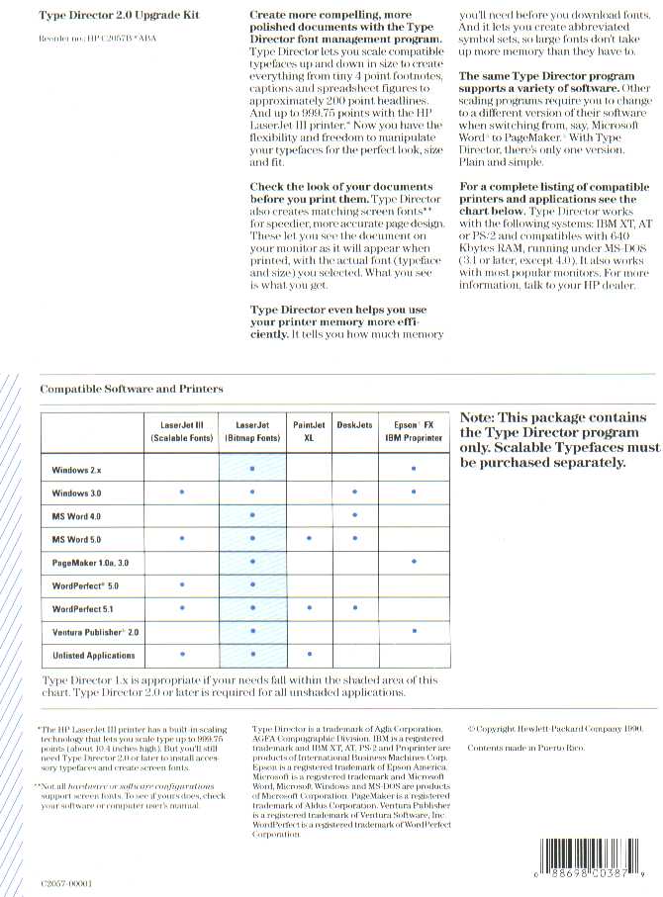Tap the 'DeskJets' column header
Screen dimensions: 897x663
pos(353,424)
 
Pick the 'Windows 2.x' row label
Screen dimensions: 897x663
pos(76,467)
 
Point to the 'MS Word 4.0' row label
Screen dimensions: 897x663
pos(76,515)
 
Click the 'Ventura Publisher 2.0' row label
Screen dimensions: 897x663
pos(95,631)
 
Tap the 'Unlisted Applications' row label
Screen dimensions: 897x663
pos(94,655)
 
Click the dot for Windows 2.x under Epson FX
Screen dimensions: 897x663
pos(413,467)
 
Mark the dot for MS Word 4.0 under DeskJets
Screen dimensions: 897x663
pos(353,515)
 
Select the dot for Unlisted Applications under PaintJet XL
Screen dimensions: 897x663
pos(309,655)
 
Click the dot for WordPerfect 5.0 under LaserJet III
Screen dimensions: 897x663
pos(181,585)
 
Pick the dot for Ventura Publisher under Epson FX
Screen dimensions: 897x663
pos(414,630)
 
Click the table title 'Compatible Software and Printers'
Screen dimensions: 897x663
pos(132,389)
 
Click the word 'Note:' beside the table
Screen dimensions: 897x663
pos(483,418)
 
